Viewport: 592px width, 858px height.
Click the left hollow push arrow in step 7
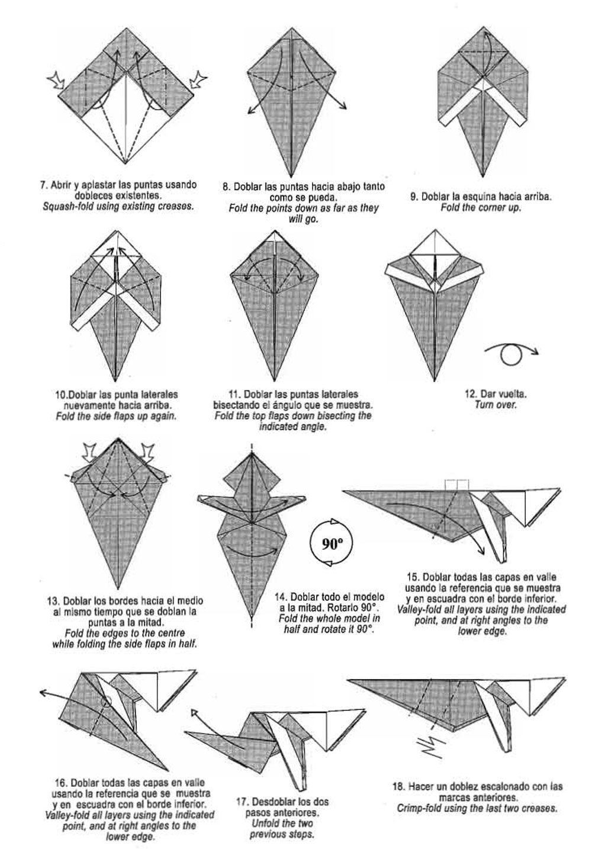click(x=56, y=81)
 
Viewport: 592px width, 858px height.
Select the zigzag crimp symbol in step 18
click(x=432, y=746)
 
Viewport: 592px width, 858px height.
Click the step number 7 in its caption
click(x=44, y=185)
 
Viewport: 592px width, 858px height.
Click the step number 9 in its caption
click(x=414, y=197)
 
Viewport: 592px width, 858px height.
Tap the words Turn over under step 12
click(x=495, y=405)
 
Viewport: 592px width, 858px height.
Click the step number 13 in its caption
click(x=53, y=601)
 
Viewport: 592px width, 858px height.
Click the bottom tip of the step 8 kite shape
click(x=291, y=177)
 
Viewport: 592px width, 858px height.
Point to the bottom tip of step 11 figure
click(x=274, y=381)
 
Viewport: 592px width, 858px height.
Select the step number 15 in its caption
click(x=413, y=577)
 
